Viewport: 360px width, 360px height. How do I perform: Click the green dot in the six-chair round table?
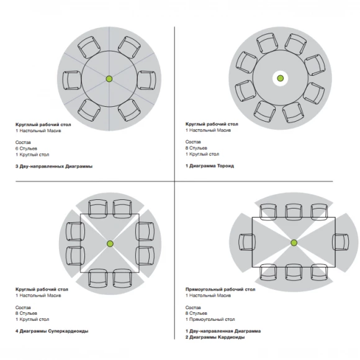click(x=109, y=79)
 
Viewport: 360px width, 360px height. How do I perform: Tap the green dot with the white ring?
click(x=280, y=78)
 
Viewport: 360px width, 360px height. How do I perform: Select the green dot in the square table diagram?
click(x=110, y=244)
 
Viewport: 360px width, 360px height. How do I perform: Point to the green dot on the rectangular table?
click(x=294, y=243)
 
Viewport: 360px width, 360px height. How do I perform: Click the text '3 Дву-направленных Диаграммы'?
click(x=54, y=166)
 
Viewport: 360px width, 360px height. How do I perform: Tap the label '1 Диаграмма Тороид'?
click(x=210, y=166)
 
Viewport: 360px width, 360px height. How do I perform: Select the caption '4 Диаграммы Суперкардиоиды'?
click(x=52, y=331)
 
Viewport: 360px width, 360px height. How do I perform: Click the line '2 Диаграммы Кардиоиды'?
click(x=215, y=337)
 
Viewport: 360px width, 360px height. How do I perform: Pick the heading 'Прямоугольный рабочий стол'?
click(x=220, y=289)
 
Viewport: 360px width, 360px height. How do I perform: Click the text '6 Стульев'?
click(x=26, y=148)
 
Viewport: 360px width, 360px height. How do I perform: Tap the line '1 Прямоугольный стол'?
click(x=210, y=320)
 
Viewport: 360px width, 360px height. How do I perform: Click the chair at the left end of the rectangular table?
click(x=247, y=242)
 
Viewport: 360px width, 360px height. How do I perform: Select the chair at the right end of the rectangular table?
click(x=341, y=242)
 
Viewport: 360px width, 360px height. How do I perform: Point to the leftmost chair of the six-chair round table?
click(x=72, y=80)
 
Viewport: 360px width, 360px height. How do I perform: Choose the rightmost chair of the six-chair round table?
click(x=146, y=80)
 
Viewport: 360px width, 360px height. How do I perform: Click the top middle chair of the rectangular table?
click(x=294, y=212)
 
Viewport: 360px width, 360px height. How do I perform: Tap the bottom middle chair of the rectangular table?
click(x=294, y=272)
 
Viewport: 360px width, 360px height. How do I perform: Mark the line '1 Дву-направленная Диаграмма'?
click(x=223, y=331)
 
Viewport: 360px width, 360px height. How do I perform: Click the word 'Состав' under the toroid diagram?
click(x=193, y=142)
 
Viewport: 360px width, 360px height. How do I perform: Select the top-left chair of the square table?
click(x=98, y=209)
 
